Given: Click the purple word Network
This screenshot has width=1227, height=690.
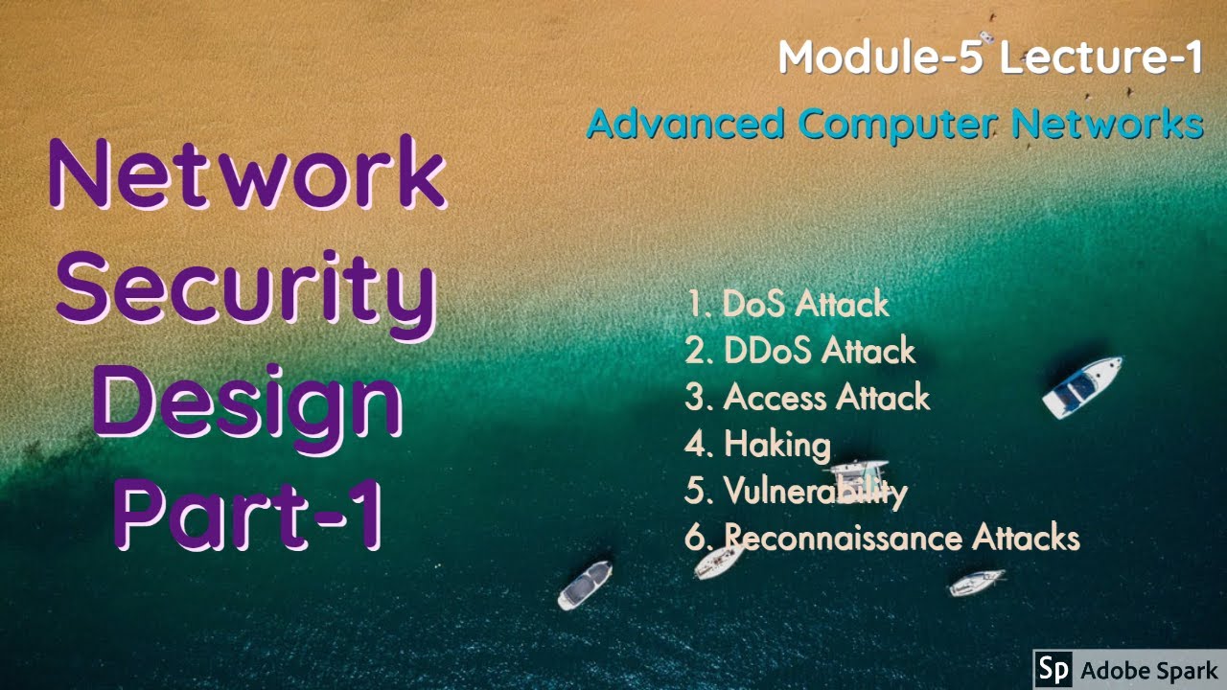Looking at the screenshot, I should click(x=246, y=177).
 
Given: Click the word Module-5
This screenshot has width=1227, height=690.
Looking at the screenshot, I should click(x=880, y=57).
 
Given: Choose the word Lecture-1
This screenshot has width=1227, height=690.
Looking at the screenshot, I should click(x=1100, y=57).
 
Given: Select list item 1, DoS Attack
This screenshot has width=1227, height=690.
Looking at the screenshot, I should click(x=788, y=304).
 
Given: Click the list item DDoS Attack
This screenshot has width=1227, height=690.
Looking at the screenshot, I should click(x=800, y=351).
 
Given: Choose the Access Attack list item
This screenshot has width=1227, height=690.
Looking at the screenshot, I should click(x=807, y=397).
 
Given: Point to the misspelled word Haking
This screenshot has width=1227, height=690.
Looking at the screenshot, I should click(x=776, y=444).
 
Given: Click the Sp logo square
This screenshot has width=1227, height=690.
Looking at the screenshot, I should click(x=1054, y=670).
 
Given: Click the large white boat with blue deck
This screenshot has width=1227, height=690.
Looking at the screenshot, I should click(x=1081, y=386).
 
